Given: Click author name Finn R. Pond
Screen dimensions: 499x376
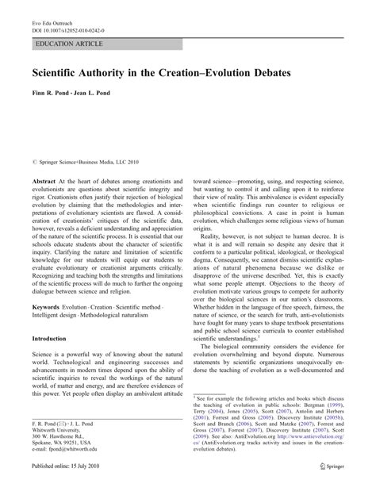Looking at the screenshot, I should coord(53,94).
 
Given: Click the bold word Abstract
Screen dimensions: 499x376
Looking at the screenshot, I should coord(46,182).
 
